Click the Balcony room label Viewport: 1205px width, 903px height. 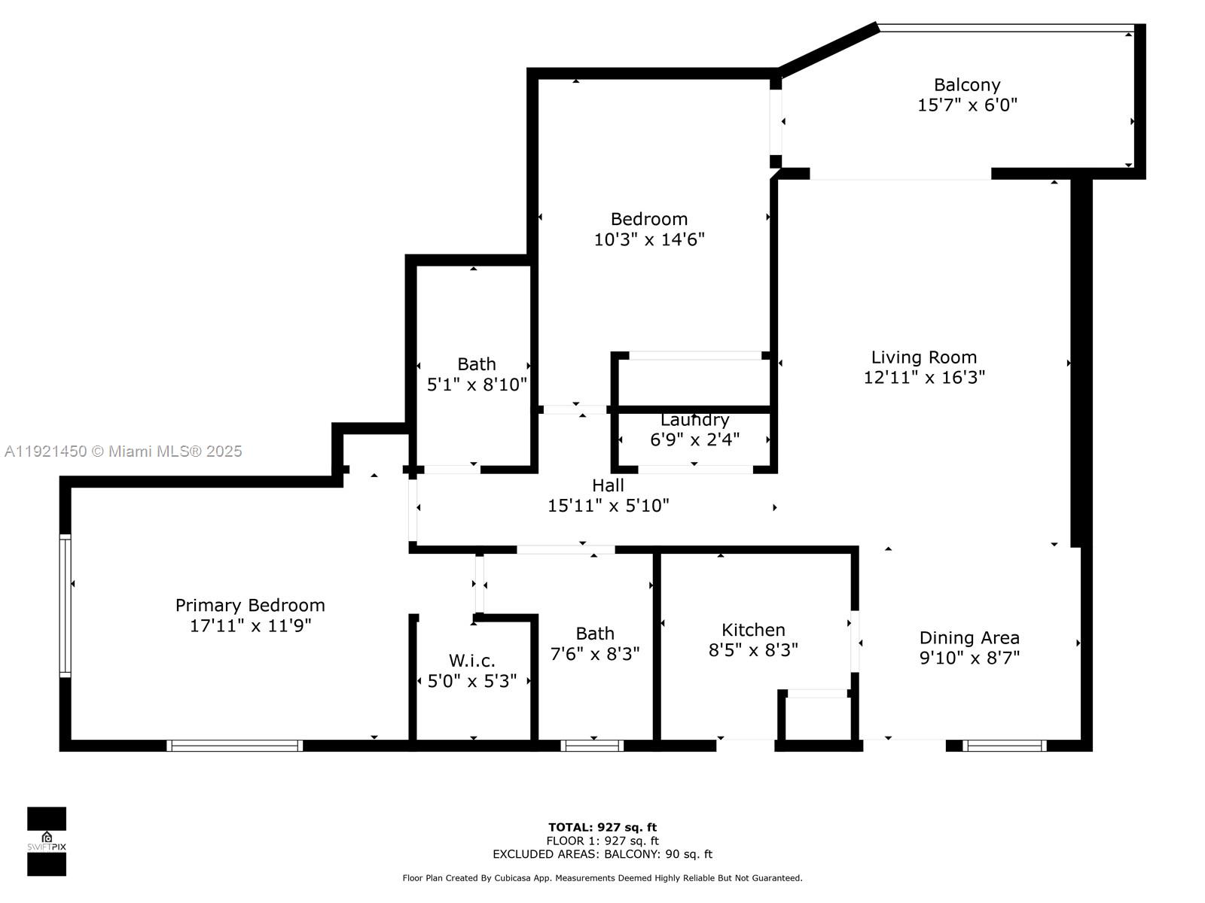pos(967,85)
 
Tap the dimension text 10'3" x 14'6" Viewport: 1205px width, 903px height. pos(648,239)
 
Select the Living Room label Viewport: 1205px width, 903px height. pos(923,357)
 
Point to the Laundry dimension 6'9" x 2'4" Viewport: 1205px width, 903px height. pos(694,439)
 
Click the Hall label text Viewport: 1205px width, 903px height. pos(608,485)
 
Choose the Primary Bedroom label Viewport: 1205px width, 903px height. pos(250,605)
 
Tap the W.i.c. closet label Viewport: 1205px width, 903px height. pos(472,661)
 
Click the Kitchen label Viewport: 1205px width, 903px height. pos(753,630)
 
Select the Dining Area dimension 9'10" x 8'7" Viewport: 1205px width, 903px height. pos(969,658)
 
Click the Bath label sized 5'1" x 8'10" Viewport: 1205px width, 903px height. pos(477,364)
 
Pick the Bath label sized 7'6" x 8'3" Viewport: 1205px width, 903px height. pos(595,634)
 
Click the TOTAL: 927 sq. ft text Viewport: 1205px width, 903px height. pos(602,827)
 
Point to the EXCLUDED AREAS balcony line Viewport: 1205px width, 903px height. pos(602,854)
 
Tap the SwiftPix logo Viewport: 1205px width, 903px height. pos(47,841)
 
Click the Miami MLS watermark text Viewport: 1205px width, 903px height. pos(124,451)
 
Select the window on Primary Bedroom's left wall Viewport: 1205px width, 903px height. pos(66,606)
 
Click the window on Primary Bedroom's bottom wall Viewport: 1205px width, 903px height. pos(234,746)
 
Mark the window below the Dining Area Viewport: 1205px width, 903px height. pos(1005,746)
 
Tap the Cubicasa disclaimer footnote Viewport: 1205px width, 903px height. pos(602,878)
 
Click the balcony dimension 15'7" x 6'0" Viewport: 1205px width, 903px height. pos(967,105)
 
